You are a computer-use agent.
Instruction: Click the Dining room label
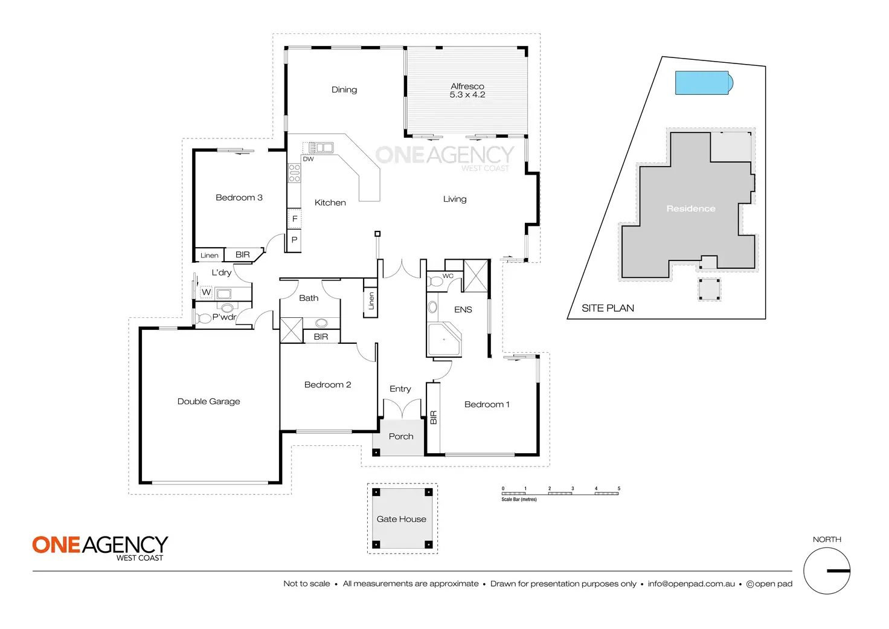click(344, 90)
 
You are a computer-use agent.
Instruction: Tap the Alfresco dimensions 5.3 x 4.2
click(467, 95)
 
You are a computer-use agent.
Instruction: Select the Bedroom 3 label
click(239, 198)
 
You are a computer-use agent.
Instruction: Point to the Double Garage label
click(209, 401)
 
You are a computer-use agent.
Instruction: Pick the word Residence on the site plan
click(691, 208)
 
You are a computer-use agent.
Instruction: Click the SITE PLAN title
click(608, 308)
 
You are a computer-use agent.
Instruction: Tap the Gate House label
click(402, 519)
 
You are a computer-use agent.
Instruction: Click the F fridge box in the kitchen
click(295, 219)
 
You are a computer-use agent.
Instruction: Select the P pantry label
click(295, 240)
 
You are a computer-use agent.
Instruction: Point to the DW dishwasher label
click(309, 159)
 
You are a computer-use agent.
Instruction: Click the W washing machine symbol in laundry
click(207, 292)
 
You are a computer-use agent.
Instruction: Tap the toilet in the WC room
click(435, 282)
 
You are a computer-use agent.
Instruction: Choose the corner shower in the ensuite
click(444, 340)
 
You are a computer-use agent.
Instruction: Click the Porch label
click(401, 436)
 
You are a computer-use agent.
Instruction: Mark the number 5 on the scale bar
click(618, 488)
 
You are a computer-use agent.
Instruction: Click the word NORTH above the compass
click(827, 540)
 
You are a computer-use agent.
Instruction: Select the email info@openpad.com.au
click(692, 584)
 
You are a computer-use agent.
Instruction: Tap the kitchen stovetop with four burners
click(294, 173)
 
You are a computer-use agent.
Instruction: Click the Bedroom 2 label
click(327, 385)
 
